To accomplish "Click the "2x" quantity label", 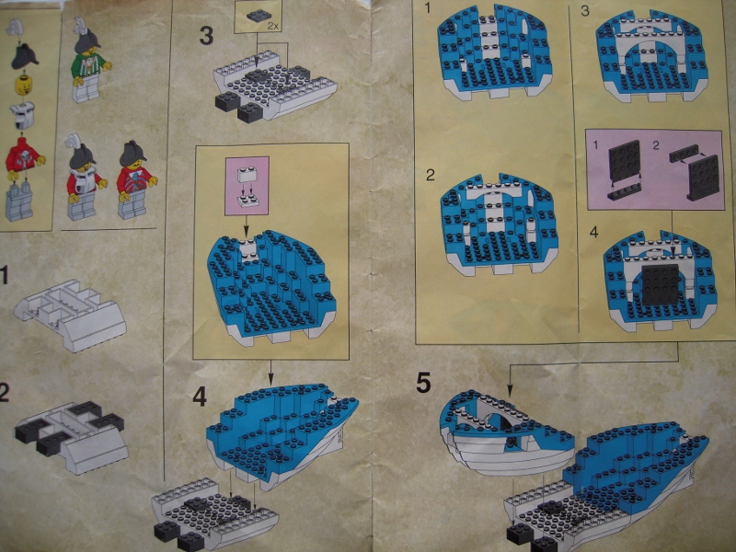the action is click(273, 27).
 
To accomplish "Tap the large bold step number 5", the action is click(423, 383).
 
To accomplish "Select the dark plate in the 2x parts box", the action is click(259, 16).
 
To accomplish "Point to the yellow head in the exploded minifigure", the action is click(23, 86).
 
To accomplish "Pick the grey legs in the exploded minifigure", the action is click(19, 201).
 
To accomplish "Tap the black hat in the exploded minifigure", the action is click(24, 57).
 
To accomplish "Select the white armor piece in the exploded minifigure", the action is click(22, 115).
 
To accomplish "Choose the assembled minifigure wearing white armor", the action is click(85, 182).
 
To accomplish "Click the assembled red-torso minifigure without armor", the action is click(136, 180).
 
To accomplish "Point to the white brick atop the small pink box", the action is click(247, 174).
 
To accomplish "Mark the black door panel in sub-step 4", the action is click(661, 284).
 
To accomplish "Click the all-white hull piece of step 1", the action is click(71, 315).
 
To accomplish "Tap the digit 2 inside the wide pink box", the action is click(656, 145).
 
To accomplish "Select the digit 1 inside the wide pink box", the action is click(595, 145).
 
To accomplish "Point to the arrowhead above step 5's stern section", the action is click(511, 390).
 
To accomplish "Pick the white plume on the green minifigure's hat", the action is click(80, 24).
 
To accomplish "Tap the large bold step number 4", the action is click(200, 397).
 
